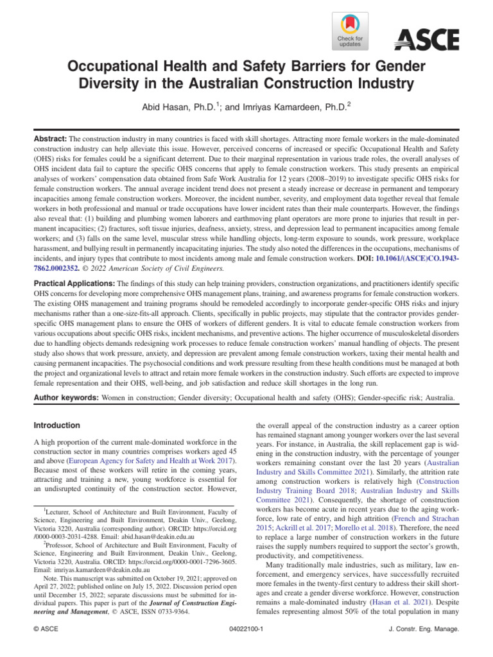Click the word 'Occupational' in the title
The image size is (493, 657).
click(121, 67)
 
